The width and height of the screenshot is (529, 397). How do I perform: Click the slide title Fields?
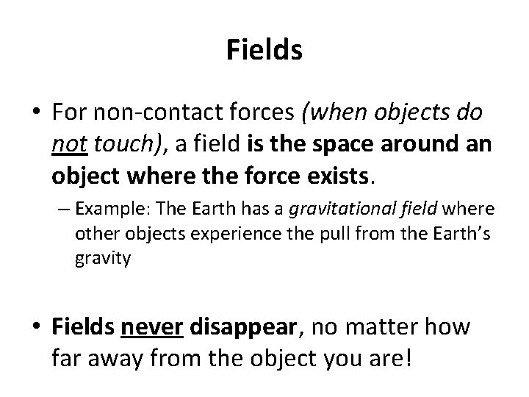pyautogui.click(x=264, y=50)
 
